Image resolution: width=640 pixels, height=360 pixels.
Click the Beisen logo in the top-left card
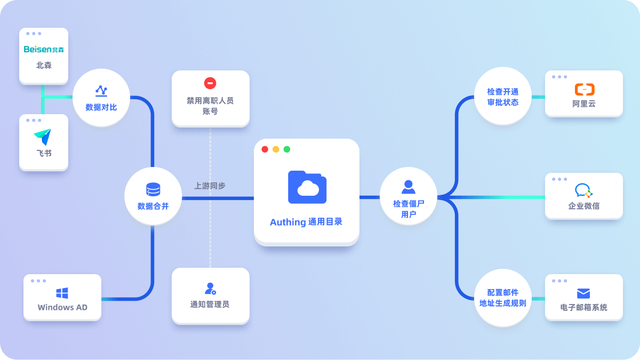click(44, 49)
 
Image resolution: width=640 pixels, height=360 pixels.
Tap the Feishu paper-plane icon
click(43, 137)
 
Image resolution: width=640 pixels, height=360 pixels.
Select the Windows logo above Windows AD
click(62, 293)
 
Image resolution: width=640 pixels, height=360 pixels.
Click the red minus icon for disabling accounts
click(210, 83)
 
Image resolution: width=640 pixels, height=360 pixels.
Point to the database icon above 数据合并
click(153, 189)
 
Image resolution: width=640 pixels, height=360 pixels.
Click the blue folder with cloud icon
click(307, 187)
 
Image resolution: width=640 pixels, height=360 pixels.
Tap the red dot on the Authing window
click(265, 149)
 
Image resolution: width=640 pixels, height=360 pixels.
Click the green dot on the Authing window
click(287, 149)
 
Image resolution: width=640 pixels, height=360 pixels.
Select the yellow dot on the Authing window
click(276, 149)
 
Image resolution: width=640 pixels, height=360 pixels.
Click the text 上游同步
click(210, 186)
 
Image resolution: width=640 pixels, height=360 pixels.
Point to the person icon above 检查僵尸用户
click(409, 187)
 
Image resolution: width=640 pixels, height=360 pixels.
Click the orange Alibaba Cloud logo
click(585, 90)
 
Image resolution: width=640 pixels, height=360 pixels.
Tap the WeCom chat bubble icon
click(583, 190)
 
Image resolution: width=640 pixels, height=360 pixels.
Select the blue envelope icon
click(583, 293)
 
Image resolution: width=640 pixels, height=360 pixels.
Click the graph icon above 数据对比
click(101, 91)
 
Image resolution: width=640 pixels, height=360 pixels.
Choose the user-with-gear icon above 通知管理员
click(210, 289)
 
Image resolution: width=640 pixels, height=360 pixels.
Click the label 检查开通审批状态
click(502, 97)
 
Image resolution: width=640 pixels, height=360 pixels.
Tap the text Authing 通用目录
click(306, 222)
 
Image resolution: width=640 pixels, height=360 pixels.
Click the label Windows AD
click(62, 307)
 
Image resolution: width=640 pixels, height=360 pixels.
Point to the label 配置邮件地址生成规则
click(502, 298)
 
